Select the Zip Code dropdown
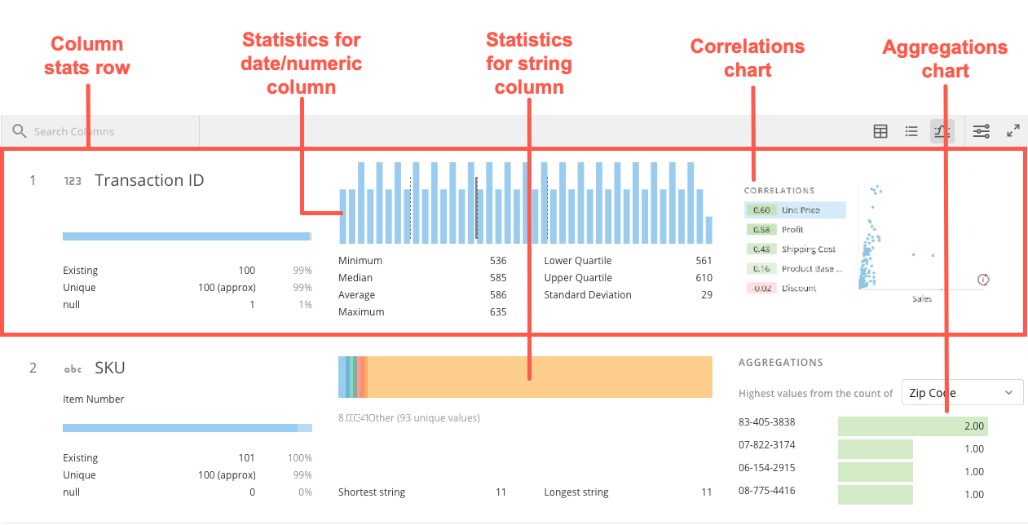962,392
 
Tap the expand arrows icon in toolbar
1013,130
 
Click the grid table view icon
880,131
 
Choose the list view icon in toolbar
911,131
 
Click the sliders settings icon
982,130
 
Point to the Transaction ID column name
149,180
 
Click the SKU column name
110,368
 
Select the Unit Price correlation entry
795,210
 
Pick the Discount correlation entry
795,289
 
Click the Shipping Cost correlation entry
795,249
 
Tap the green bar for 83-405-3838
912,425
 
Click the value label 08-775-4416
766,491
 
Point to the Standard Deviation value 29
706,295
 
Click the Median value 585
497,278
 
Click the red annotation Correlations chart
747,58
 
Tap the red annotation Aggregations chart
945,60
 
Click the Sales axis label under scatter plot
921,299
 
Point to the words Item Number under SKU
94,399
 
